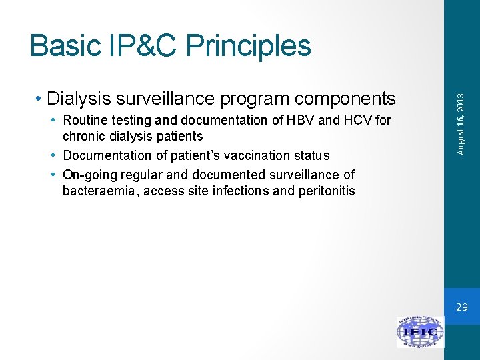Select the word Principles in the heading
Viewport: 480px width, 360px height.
pos(249,47)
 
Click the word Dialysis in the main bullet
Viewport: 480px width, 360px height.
pos(79,99)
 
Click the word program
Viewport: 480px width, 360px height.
pos(251,99)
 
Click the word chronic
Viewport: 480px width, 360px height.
pos(84,137)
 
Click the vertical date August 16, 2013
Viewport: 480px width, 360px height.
pos(461,123)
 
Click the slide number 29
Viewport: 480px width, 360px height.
pos(462,307)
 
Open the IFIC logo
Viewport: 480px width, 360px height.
pos(420,332)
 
